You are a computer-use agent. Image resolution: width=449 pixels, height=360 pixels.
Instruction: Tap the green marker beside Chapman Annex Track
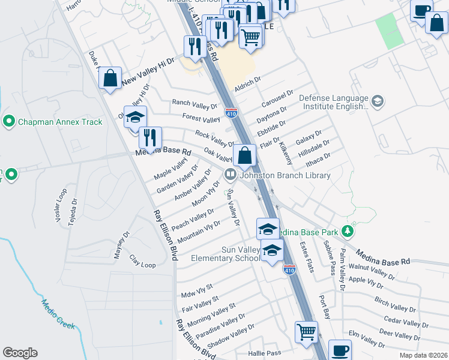(x=8, y=122)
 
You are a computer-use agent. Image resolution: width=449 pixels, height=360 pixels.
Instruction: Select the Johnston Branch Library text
(x=285, y=176)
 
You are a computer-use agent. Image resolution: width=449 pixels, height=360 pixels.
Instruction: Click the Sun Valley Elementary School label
(x=226, y=254)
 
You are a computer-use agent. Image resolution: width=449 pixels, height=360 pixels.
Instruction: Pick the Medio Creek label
(x=58, y=314)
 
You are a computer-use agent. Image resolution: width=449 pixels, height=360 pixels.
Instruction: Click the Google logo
(x=20, y=353)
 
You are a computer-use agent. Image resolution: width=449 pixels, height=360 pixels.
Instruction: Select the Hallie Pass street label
(x=265, y=353)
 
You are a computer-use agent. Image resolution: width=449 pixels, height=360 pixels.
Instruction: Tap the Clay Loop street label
(x=142, y=261)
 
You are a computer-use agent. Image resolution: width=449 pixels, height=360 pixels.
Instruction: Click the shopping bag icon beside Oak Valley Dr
(x=245, y=156)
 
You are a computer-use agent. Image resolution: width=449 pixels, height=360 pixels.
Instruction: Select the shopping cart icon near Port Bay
(x=306, y=331)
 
